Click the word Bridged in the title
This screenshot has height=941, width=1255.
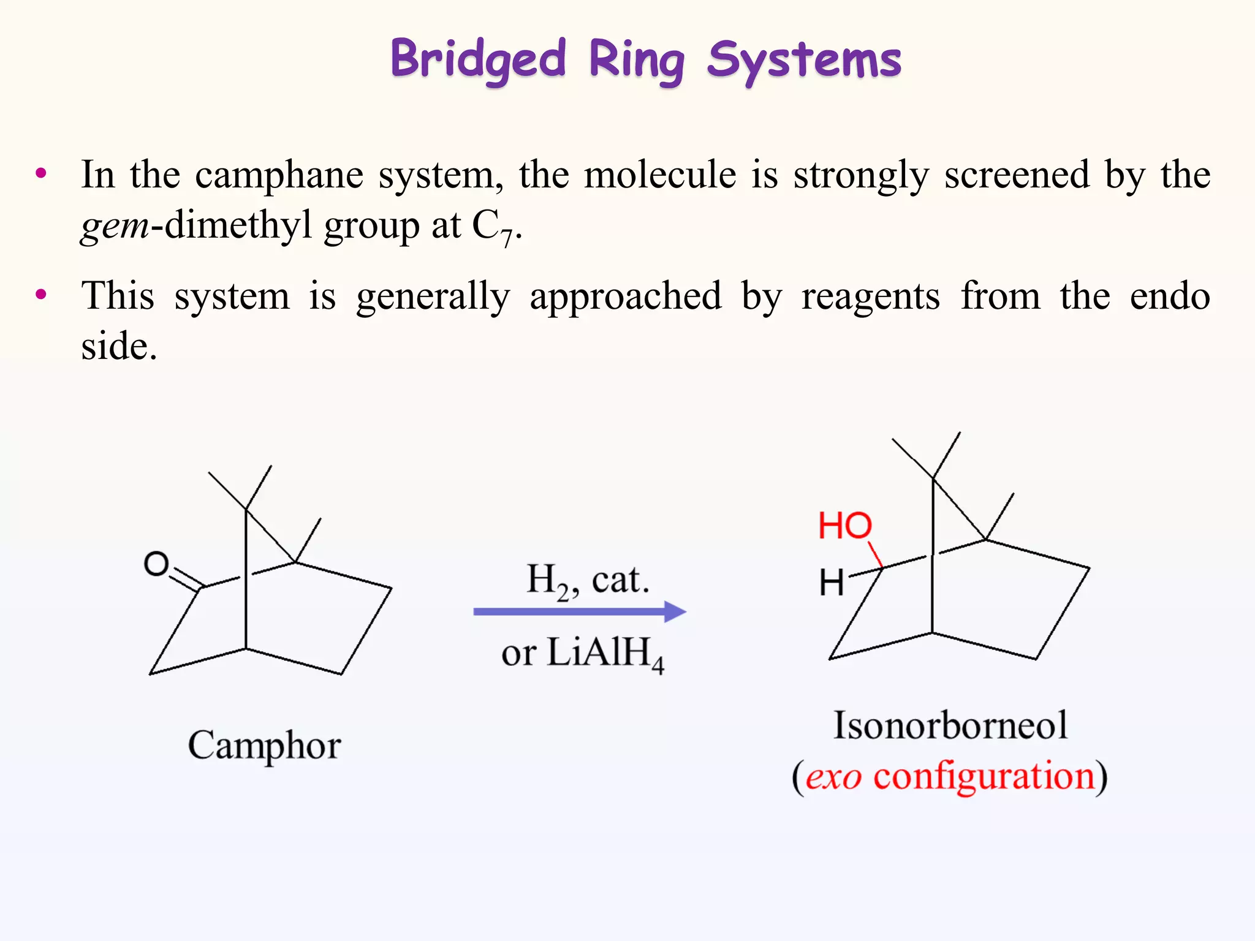pos(478,59)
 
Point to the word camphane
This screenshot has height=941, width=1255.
pos(279,175)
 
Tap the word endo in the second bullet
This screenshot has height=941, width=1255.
pos(1170,297)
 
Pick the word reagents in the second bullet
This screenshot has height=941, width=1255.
pos(870,298)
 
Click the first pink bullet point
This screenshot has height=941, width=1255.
pos(41,173)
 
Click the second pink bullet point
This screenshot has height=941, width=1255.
pos(41,295)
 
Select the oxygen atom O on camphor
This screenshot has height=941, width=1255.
pos(156,564)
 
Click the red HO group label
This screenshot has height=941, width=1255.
pos(844,526)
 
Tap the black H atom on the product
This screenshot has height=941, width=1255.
pos(832,583)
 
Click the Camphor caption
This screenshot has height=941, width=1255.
pos(264,746)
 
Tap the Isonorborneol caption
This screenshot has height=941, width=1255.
pos(950,725)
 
